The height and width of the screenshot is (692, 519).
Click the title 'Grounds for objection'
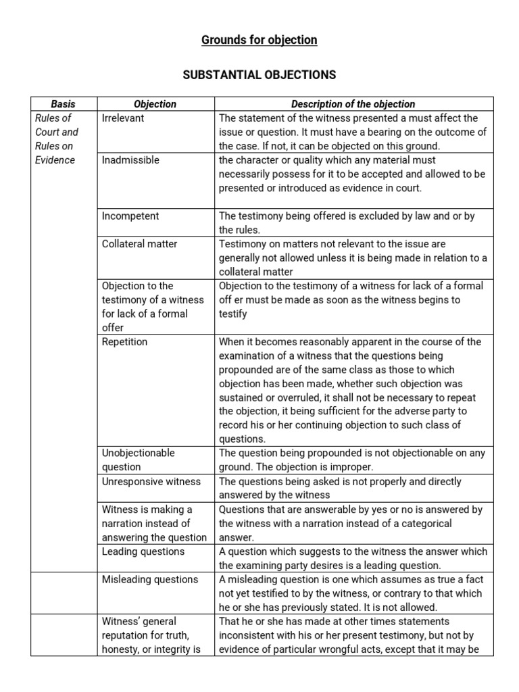pyautogui.click(x=259, y=40)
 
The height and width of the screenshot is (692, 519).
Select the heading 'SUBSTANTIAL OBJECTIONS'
pyautogui.click(x=259, y=75)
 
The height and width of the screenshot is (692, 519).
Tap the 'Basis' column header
pyautogui.click(x=64, y=104)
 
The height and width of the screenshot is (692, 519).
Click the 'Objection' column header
pyautogui.click(x=155, y=104)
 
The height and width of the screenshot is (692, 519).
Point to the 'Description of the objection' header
pyautogui.click(x=353, y=104)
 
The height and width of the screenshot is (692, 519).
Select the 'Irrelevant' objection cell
pyautogui.click(x=123, y=118)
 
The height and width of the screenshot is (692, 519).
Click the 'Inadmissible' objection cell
pyautogui.click(x=130, y=160)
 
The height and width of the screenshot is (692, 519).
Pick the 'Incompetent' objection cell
pyautogui.click(x=130, y=216)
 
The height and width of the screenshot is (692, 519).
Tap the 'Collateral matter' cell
pyautogui.click(x=139, y=244)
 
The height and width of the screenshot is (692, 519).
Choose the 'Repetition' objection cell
pyautogui.click(x=124, y=342)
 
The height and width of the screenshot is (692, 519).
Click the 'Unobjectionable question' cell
pyautogui.click(x=138, y=460)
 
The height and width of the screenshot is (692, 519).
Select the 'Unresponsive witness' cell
pyautogui.click(x=151, y=482)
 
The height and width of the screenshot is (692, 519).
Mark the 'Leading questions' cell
pyautogui.click(x=143, y=551)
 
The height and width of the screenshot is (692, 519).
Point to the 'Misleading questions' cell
pyautogui.click(x=149, y=579)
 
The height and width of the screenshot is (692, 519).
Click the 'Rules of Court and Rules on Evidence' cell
pyautogui.click(x=57, y=139)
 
